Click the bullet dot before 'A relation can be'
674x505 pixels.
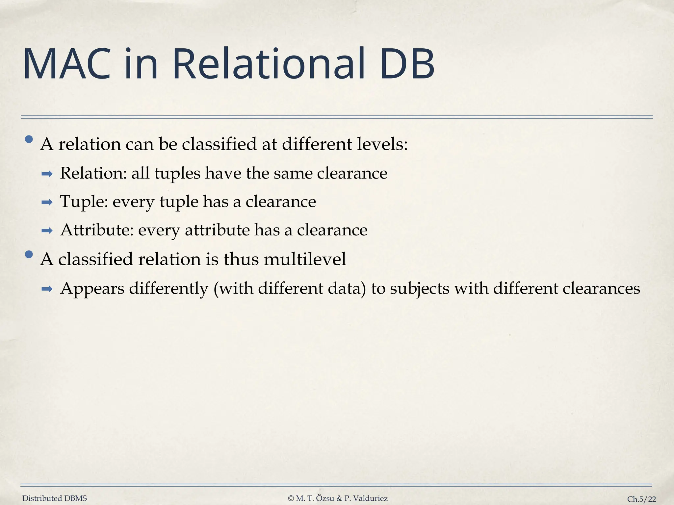29,140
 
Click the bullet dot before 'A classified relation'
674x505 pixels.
29,254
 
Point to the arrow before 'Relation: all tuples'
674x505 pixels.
47,174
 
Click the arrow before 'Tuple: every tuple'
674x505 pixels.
47,202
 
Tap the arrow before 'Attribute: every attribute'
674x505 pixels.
47,231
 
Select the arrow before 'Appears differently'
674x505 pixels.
47,289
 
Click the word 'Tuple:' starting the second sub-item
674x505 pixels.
84,202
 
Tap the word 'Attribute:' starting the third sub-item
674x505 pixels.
97,230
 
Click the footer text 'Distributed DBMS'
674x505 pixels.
55,498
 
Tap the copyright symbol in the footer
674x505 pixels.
291,498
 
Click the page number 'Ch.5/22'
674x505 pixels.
641,499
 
